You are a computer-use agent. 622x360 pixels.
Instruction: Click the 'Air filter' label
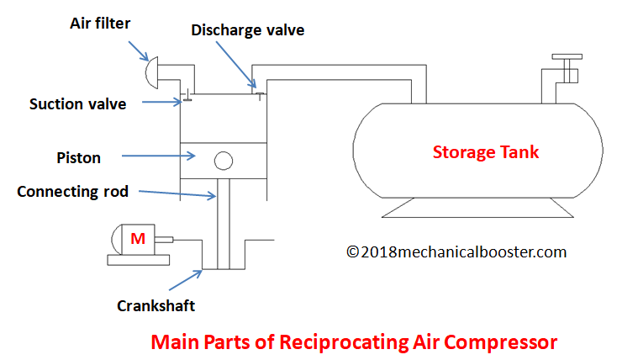click(x=100, y=24)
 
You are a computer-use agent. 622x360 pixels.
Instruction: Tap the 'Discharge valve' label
click(x=247, y=30)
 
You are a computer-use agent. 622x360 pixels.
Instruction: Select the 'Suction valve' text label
click(x=77, y=104)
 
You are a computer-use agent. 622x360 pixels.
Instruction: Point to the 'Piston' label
click(x=78, y=158)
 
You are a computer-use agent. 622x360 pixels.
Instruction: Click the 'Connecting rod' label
click(x=72, y=192)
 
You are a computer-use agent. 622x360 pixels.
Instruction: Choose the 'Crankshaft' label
click(x=155, y=306)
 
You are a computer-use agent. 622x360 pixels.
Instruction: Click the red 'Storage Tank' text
click(x=486, y=152)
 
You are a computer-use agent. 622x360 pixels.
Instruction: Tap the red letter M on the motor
click(x=138, y=239)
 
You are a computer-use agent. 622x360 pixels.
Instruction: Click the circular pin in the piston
click(x=224, y=161)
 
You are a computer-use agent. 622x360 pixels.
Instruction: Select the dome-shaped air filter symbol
click(x=151, y=72)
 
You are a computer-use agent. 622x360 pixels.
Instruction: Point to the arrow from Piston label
click(x=158, y=156)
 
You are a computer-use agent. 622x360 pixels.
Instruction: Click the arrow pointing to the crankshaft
click(x=186, y=280)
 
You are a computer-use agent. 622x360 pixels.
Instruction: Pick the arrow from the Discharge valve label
click(x=236, y=64)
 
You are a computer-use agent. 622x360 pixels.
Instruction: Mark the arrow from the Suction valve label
click(x=162, y=102)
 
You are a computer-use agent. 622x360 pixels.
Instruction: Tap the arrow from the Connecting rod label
click(x=177, y=193)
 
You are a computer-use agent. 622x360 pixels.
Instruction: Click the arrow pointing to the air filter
click(x=138, y=50)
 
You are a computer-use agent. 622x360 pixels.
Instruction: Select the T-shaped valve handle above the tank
click(x=567, y=64)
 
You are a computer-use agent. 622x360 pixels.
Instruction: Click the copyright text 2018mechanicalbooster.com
click(x=456, y=252)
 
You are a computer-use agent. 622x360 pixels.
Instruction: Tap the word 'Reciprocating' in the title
click(x=344, y=342)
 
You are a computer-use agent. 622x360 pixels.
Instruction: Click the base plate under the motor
click(x=139, y=260)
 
